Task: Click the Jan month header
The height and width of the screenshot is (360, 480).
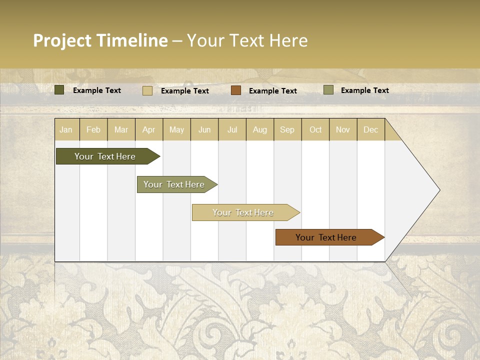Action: pos(66,129)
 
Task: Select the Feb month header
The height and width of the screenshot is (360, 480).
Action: pos(93,129)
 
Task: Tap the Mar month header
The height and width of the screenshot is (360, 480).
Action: pos(121,129)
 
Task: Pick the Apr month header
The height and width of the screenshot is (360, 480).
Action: pos(149,129)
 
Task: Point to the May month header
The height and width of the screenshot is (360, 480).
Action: pos(176,129)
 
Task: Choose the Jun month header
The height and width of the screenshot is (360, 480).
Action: pos(204,129)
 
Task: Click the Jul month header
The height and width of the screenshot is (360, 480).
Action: pos(232,129)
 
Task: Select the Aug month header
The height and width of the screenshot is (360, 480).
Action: pos(260,129)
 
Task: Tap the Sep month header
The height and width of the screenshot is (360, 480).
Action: pos(287,129)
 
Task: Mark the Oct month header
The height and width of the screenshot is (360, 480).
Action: pos(315,129)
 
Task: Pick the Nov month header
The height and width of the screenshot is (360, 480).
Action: pos(343,129)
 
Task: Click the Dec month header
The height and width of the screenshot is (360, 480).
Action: pos(371,129)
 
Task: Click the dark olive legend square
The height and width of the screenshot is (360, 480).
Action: pos(59,90)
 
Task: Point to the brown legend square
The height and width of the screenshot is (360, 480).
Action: pos(236,90)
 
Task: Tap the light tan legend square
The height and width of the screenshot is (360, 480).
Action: pos(147,90)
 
